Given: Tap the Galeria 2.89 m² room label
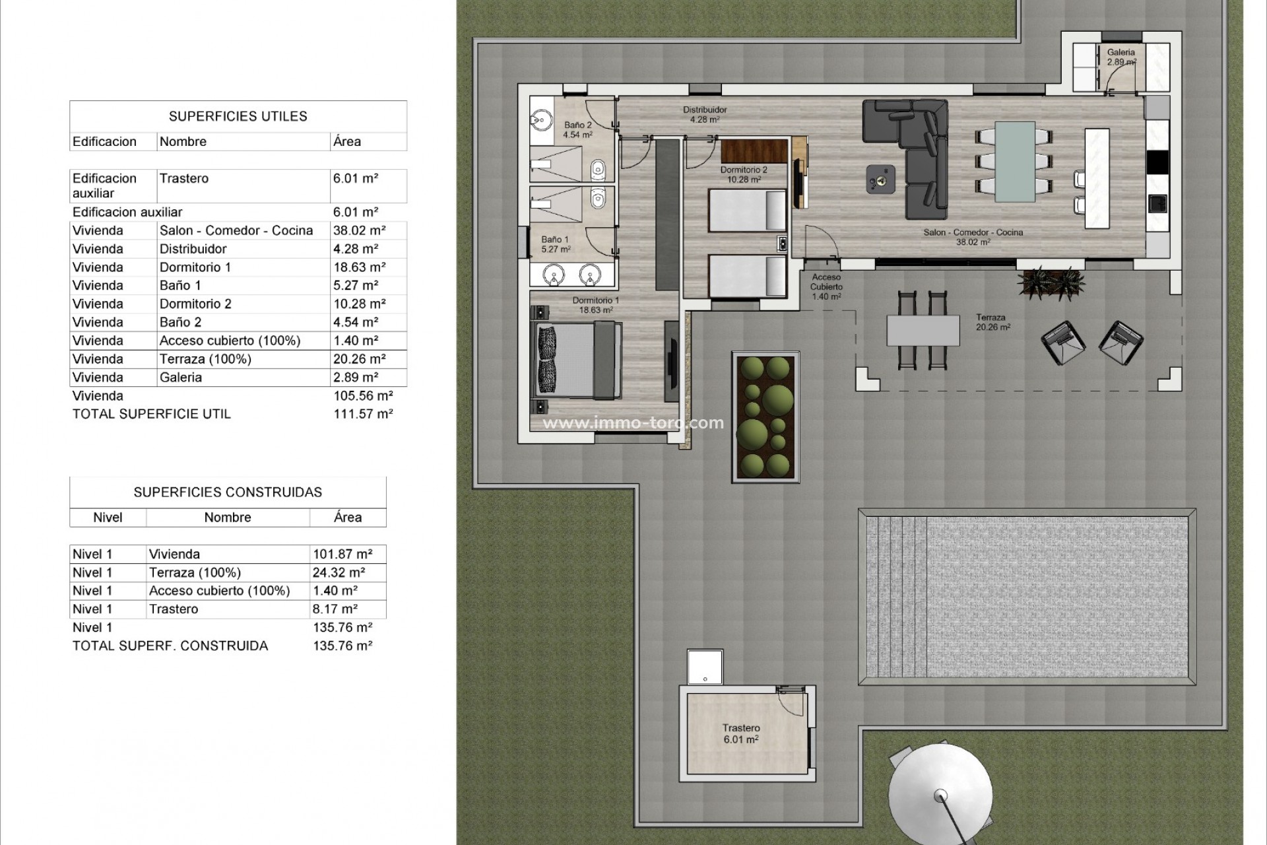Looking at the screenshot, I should pos(1121,57).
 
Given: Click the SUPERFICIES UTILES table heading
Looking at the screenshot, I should pos(238,116).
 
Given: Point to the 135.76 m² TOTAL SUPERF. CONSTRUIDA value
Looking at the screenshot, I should pos(342,646).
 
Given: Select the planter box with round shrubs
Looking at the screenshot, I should pos(765,417).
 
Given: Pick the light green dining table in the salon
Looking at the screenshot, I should pos(1015,162).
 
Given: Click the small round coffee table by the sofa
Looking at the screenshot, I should pos(880,178).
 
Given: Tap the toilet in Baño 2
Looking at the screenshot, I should pos(599,170).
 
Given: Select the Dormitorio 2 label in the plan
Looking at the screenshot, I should pos(744,174).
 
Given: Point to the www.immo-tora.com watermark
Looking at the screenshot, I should pos(633,422).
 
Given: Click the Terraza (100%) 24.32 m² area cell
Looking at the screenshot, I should pos(339,572).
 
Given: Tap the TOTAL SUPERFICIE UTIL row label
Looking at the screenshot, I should pos(152,414).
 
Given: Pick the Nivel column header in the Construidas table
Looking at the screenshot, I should pos(108,518).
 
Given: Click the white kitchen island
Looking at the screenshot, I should pos(1097,178).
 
